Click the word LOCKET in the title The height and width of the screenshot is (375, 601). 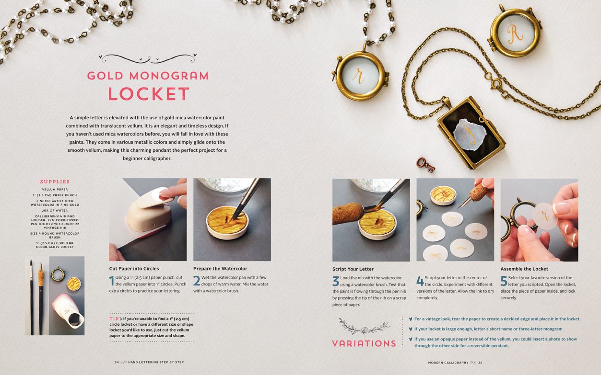[x=149, y=94]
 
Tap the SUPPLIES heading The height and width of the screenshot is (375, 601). [x=55, y=182]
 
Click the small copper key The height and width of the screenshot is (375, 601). [x=425, y=164]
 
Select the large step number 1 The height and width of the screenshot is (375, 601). [x=112, y=281]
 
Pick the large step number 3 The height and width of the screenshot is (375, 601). [x=336, y=281]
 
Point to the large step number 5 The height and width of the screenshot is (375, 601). [x=504, y=281]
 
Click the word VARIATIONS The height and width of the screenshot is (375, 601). [x=364, y=343]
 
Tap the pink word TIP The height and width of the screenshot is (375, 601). [x=114, y=319]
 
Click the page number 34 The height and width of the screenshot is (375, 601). [x=117, y=362]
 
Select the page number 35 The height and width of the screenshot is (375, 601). [x=480, y=363]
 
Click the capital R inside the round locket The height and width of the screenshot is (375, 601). [x=515, y=33]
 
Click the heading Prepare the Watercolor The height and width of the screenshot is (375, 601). [x=220, y=269]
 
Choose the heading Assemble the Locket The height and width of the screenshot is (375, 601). [x=524, y=269]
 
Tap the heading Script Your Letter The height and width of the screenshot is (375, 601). [x=353, y=269]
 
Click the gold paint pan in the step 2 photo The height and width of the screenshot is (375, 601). [x=227, y=222]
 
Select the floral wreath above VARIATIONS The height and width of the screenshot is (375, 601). [x=364, y=327]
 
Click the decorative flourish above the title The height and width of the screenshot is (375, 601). [x=148, y=58]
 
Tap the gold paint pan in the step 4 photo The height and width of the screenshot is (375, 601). [x=443, y=196]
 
